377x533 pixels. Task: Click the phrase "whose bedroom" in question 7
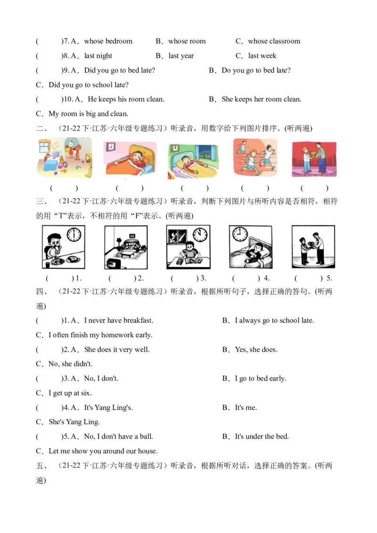pos(108,41)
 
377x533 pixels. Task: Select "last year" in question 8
pos(181,56)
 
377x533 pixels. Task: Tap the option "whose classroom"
pos(274,41)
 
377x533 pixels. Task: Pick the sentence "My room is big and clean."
pos(88,114)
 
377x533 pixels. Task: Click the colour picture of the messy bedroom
pos(64,159)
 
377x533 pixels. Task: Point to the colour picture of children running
pos(255,159)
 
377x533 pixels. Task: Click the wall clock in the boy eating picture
pos(74,234)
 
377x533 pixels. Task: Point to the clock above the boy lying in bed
pos(240,233)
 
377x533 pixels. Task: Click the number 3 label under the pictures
pos(203,278)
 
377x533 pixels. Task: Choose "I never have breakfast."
pos(118,321)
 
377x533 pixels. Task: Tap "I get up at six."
pos(70,393)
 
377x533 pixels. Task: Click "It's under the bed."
pos(262,436)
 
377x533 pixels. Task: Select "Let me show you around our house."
pos(103,451)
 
